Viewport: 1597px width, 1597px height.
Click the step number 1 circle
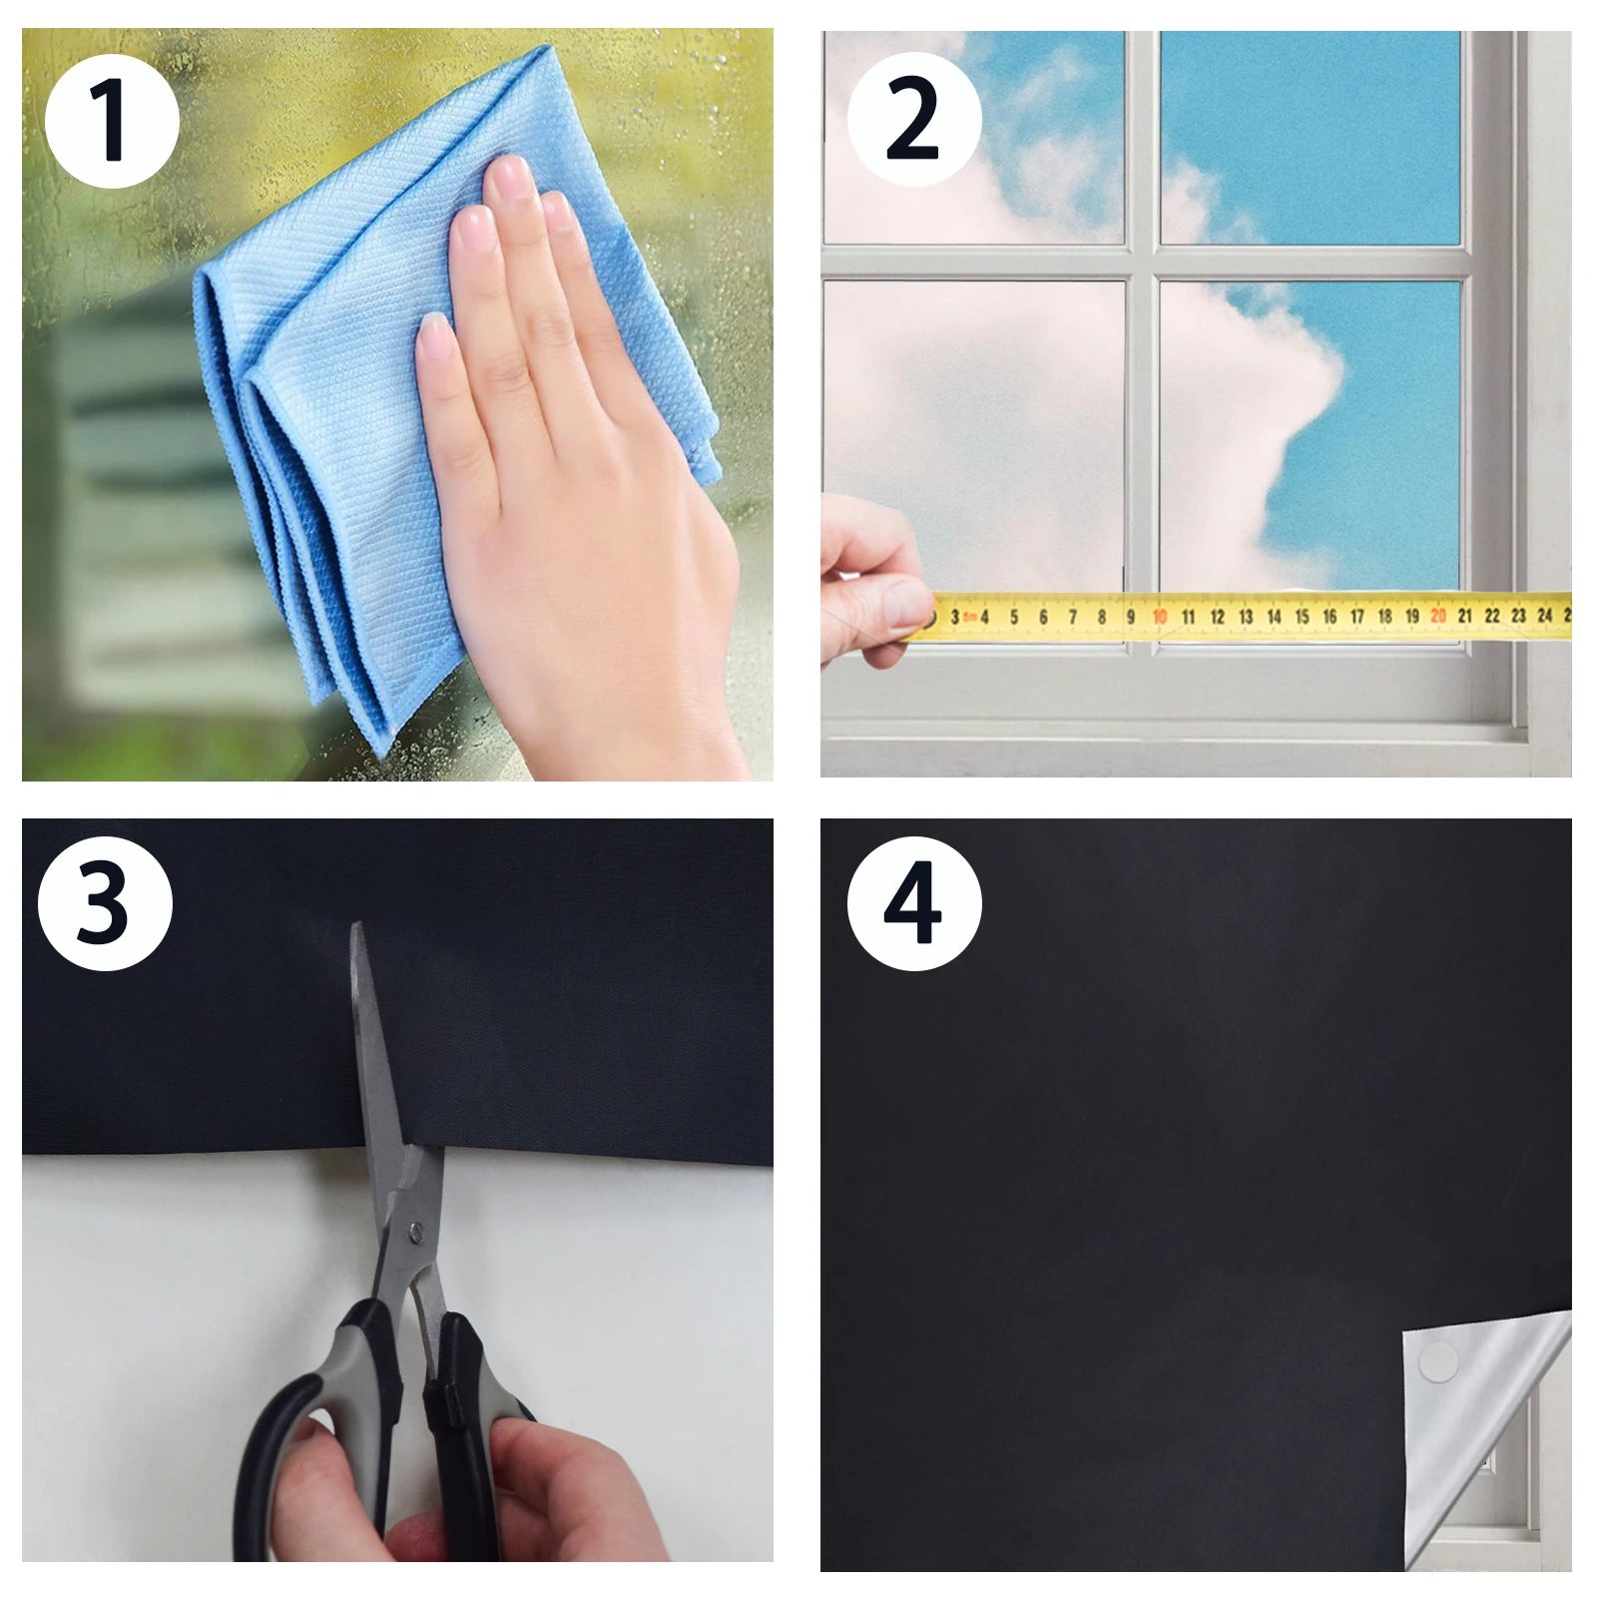pos(111,121)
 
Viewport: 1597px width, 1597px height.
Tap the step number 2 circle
pos(913,119)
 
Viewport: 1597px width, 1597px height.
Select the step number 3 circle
pos(104,903)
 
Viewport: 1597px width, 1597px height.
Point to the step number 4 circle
pos(913,903)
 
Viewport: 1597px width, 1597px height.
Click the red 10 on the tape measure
pos(1159,617)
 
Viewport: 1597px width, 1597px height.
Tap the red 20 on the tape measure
pos(1437,616)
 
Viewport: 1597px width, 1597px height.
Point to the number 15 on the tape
pos(1302,617)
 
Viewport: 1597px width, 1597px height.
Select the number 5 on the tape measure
pos(1013,617)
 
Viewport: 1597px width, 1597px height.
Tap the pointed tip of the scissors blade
pos(356,928)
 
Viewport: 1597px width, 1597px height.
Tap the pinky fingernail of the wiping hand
pos(432,334)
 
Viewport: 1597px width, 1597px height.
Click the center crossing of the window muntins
pos(1142,262)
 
